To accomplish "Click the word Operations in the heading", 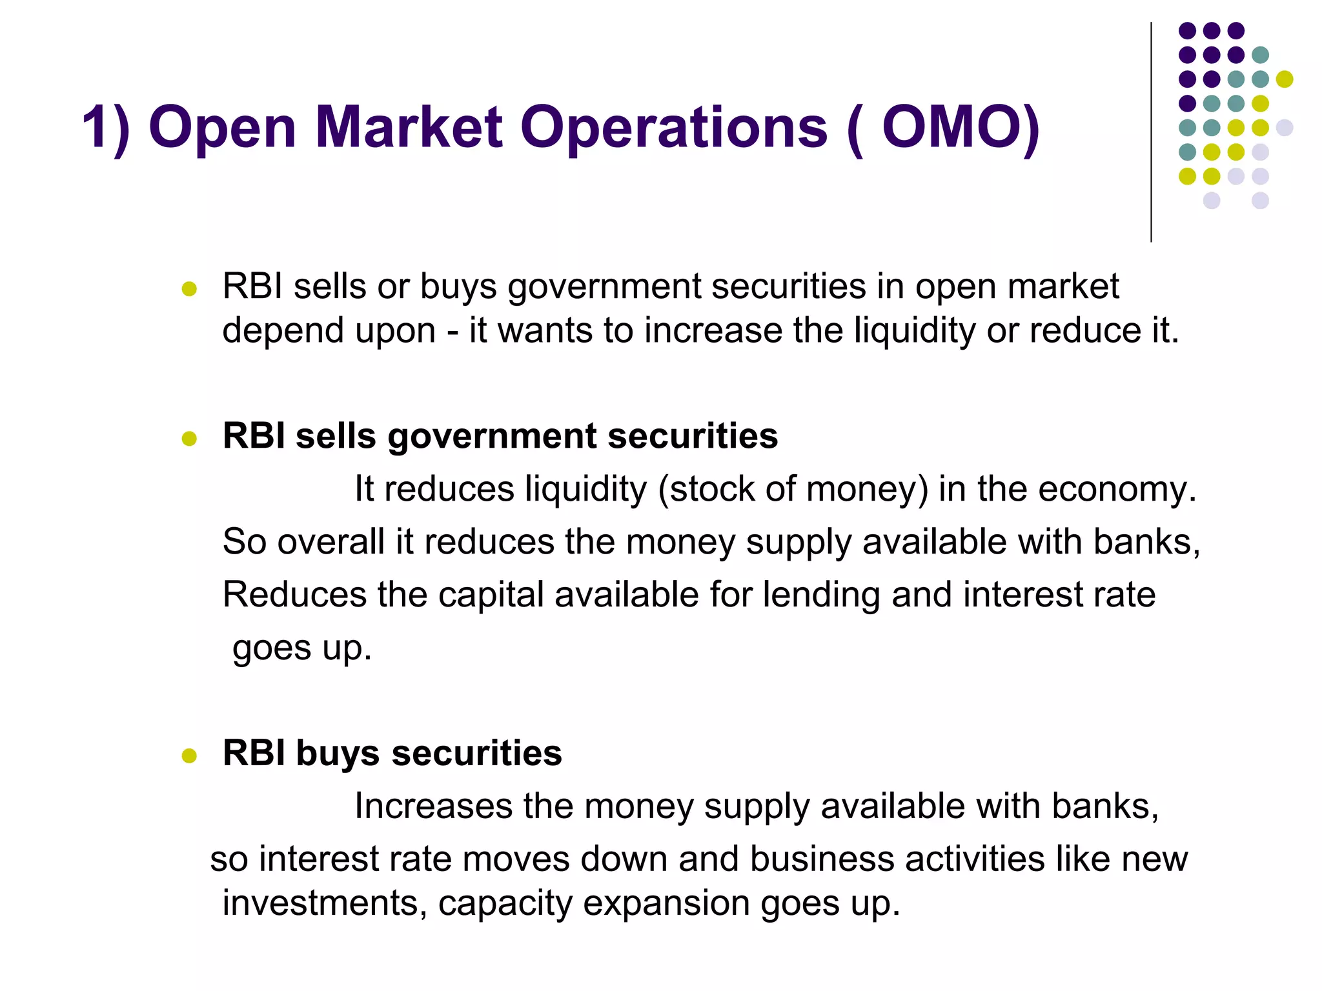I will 673,127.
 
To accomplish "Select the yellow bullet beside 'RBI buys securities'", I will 189,756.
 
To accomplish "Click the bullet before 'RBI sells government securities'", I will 189,439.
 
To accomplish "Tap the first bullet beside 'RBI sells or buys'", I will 189,288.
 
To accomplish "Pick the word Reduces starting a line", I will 294,595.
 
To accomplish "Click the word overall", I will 330,542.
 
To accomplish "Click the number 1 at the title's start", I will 96,127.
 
